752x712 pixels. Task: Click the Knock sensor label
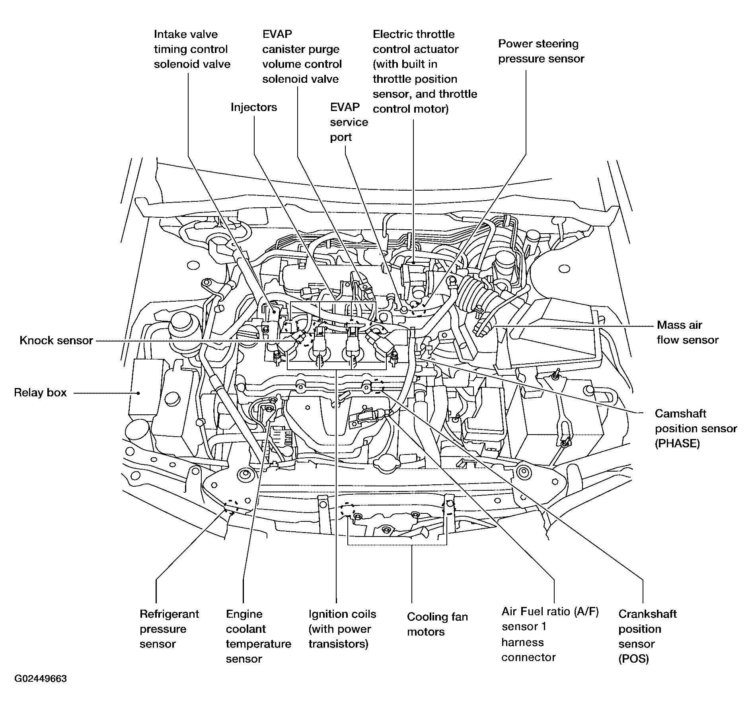(x=56, y=340)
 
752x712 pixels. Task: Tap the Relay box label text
(x=40, y=393)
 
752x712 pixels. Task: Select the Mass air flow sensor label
(x=688, y=332)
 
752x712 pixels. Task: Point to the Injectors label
(x=254, y=107)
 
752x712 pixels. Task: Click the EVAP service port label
(x=349, y=122)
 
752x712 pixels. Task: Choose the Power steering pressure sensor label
(x=541, y=51)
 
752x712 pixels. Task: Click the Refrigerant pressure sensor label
(x=169, y=629)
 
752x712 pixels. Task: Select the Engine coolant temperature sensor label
(x=259, y=636)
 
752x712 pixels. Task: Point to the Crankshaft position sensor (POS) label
(x=647, y=636)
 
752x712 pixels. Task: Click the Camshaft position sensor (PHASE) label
(x=696, y=429)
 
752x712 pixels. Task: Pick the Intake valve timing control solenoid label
(x=192, y=49)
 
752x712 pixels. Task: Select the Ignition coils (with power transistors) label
(x=342, y=629)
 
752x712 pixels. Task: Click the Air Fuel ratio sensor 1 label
(x=550, y=634)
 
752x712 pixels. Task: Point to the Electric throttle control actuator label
(x=425, y=72)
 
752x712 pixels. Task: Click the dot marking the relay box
(x=138, y=393)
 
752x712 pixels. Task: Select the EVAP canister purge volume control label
(x=302, y=57)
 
